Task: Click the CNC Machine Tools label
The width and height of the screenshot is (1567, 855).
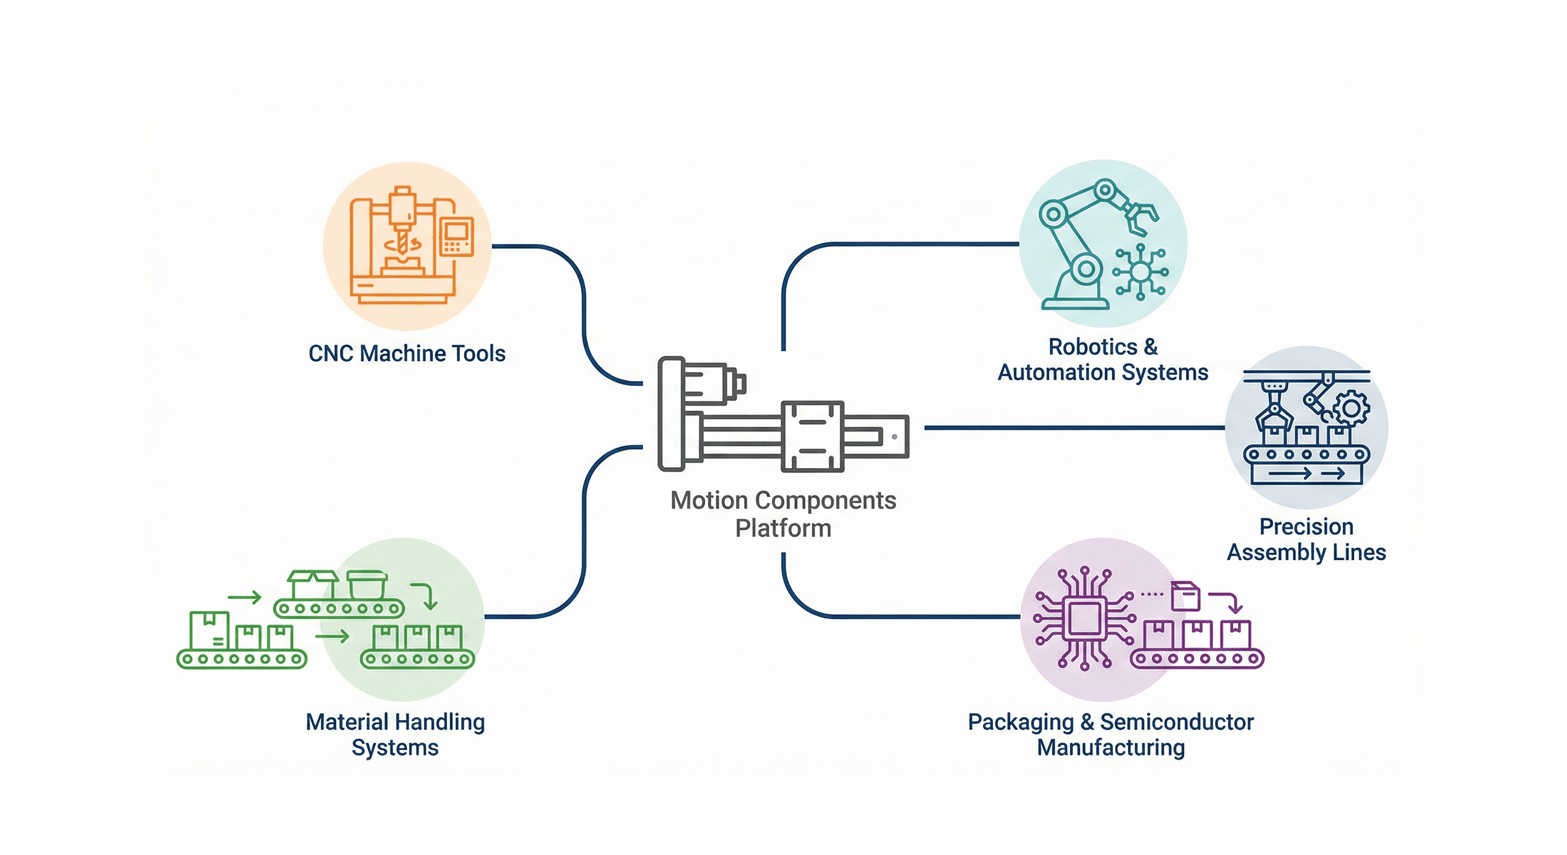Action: click(x=407, y=353)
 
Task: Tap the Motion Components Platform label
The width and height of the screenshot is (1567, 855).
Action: click(x=783, y=514)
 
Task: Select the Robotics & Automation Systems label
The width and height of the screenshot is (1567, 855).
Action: click(x=1102, y=360)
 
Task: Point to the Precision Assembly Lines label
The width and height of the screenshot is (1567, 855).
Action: click(x=1306, y=540)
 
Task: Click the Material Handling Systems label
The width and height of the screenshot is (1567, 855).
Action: click(x=396, y=735)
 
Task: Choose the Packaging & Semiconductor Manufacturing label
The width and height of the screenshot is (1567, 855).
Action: click(x=1111, y=735)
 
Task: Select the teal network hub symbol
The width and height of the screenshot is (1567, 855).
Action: click(x=1140, y=272)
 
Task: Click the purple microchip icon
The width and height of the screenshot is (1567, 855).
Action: click(x=1085, y=619)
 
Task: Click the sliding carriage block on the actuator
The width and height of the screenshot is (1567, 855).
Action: click(x=812, y=436)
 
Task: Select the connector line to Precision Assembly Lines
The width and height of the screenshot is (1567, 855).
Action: click(x=1073, y=428)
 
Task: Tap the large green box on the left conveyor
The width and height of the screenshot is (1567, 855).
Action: click(x=209, y=630)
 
